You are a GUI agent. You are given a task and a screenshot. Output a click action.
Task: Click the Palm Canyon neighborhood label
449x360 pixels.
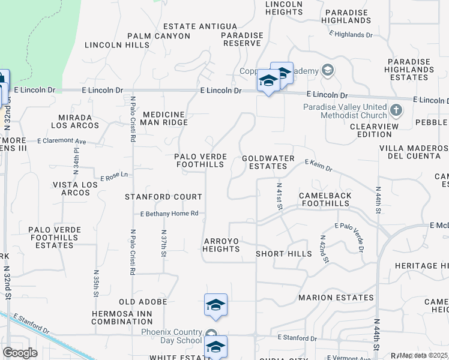point(158,36)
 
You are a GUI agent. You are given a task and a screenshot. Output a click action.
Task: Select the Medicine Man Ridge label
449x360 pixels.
point(164,118)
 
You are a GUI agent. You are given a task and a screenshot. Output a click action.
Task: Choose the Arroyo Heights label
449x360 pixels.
point(221,245)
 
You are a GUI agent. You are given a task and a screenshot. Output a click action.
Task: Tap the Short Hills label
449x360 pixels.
point(284,254)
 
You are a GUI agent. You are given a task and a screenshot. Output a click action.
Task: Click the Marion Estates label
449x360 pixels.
point(336,298)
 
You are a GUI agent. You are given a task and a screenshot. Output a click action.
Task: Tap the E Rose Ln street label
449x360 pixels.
point(115,176)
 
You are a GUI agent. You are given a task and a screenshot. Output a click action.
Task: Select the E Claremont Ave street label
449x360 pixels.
point(62,142)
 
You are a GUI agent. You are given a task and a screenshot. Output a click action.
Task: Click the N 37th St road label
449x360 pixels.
point(164,243)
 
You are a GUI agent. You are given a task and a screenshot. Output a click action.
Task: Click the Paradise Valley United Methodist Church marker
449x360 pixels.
point(396,110)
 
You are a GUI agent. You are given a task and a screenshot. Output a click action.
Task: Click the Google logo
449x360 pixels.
point(20,353)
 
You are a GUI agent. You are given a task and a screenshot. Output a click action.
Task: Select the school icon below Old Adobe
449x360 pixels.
point(215,305)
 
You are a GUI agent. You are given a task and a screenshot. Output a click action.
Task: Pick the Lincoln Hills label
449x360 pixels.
point(117,45)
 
